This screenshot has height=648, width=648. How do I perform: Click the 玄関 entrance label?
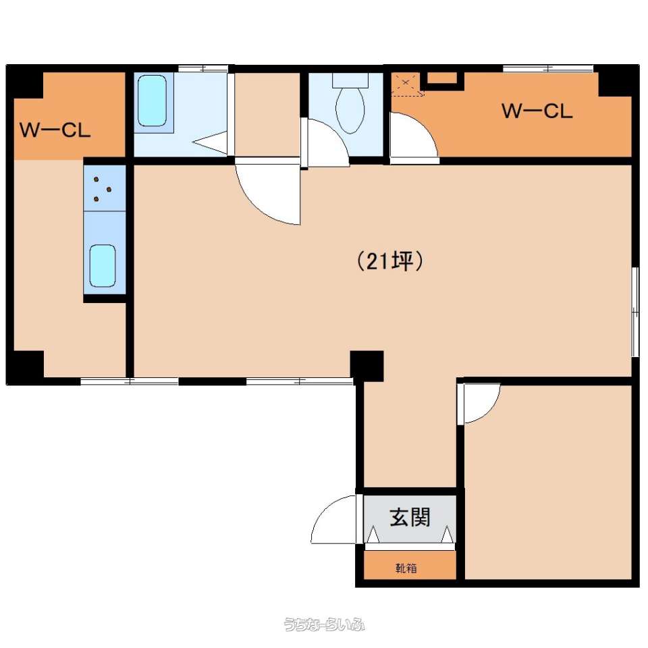pos(410,517)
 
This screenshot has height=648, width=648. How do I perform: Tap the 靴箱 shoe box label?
pos(406,568)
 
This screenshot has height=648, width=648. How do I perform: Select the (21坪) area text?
pos(389,261)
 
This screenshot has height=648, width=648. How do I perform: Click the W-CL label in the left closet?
pos(55,130)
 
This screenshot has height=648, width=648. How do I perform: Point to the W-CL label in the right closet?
pos(537,111)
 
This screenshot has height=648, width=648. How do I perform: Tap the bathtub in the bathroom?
pos(152,101)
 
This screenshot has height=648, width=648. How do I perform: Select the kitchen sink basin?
pos(103,265)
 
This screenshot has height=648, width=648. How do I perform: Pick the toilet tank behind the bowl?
pos(350,80)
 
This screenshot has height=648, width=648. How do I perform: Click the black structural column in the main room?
pos(367,366)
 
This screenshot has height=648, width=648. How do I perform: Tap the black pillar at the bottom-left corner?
pos(25,367)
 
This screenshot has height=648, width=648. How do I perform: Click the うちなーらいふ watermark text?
pos(324,624)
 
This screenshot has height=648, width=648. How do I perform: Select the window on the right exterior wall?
pos(636,312)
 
